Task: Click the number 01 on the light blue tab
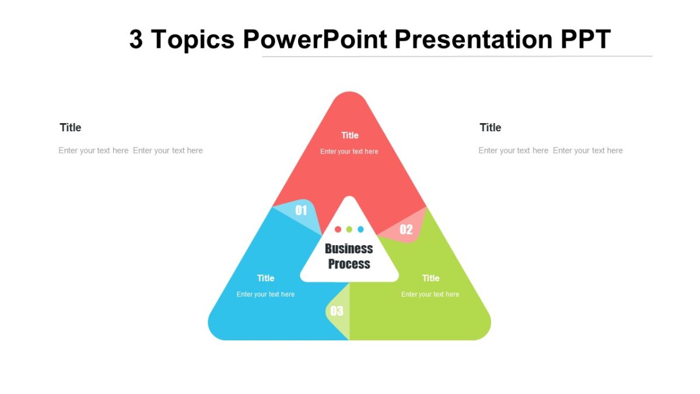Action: pyautogui.click(x=301, y=210)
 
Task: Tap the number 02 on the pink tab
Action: pyautogui.click(x=406, y=229)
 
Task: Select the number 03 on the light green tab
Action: pyautogui.click(x=337, y=311)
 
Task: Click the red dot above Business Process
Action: pyautogui.click(x=338, y=229)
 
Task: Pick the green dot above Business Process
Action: pyautogui.click(x=349, y=229)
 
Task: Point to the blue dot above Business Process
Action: pyautogui.click(x=360, y=229)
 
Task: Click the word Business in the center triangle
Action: pyautogui.click(x=349, y=249)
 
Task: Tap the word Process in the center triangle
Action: pyautogui.click(x=349, y=264)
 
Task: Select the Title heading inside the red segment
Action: pyautogui.click(x=349, y=135)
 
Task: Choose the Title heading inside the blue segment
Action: pyautogui.click(x=265, y=278)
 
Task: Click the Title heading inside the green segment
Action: pyautogui.click(x=430, y=278)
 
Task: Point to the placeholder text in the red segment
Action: pyautogui.click(x=349, y=152)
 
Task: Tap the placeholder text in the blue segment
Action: pyautogui.click(x=265, y=294)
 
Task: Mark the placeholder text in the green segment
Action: pyautogui.click(x=430, y=294)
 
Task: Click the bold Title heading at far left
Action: pyautogui.click(x=71, y=128)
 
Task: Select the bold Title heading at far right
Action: pyautogui.click(x=490, y=128)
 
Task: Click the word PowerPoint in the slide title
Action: pyautogui.click(x=315, y=39)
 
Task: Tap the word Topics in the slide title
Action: pyautogui.click(x=192, y=39)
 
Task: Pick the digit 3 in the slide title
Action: pyautogui.click(x=136, y=39)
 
